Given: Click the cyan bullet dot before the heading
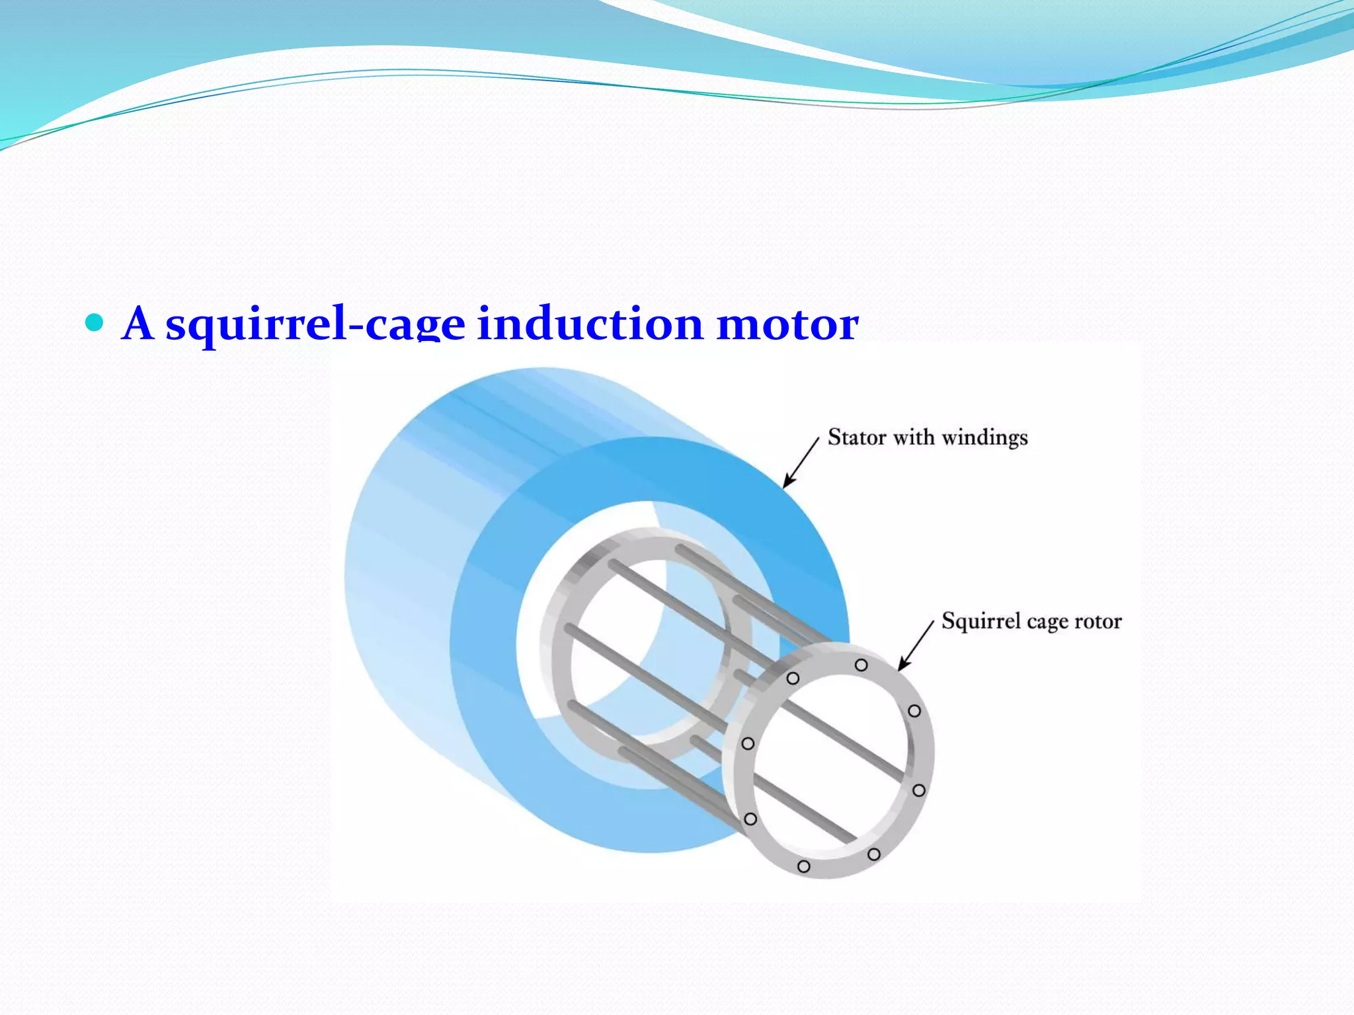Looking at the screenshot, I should (x=95, y=322).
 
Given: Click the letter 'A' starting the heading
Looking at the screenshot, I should (x=138, y=324).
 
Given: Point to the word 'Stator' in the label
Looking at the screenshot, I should (x=856, y=437).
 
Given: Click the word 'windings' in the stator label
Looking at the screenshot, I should (x=984, y=438).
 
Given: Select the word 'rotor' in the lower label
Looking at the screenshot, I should (x=1098, y=621).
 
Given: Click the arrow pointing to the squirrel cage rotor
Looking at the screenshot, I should (x=915, y=646).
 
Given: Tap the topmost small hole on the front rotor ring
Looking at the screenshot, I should (x=861, y=665).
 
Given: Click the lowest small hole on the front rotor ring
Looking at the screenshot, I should (x=804, y=866).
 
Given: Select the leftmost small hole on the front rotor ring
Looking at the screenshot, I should (x=748, y=743).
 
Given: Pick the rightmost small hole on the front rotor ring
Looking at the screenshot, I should (x=918, y=790).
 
